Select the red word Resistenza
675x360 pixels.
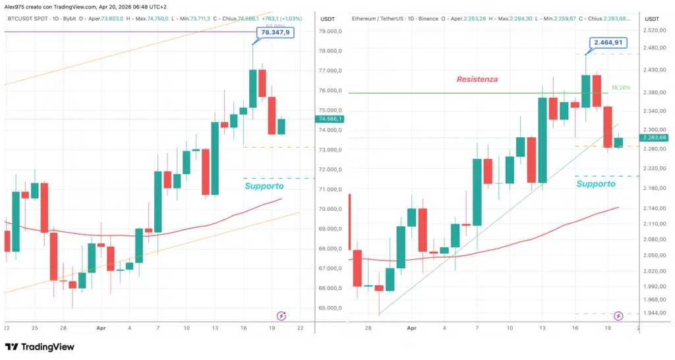[477, 79]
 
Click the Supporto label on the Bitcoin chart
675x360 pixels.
[264, 186]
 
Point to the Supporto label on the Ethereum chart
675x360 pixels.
[596, 184]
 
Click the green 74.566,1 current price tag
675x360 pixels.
[330, 119]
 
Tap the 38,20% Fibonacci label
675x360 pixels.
[620, 88]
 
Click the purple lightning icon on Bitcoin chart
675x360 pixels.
[281, 316]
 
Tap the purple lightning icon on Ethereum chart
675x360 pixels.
[618, 316]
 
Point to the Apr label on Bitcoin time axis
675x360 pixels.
[101, 328]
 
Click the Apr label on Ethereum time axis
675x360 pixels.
[412, 328]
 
